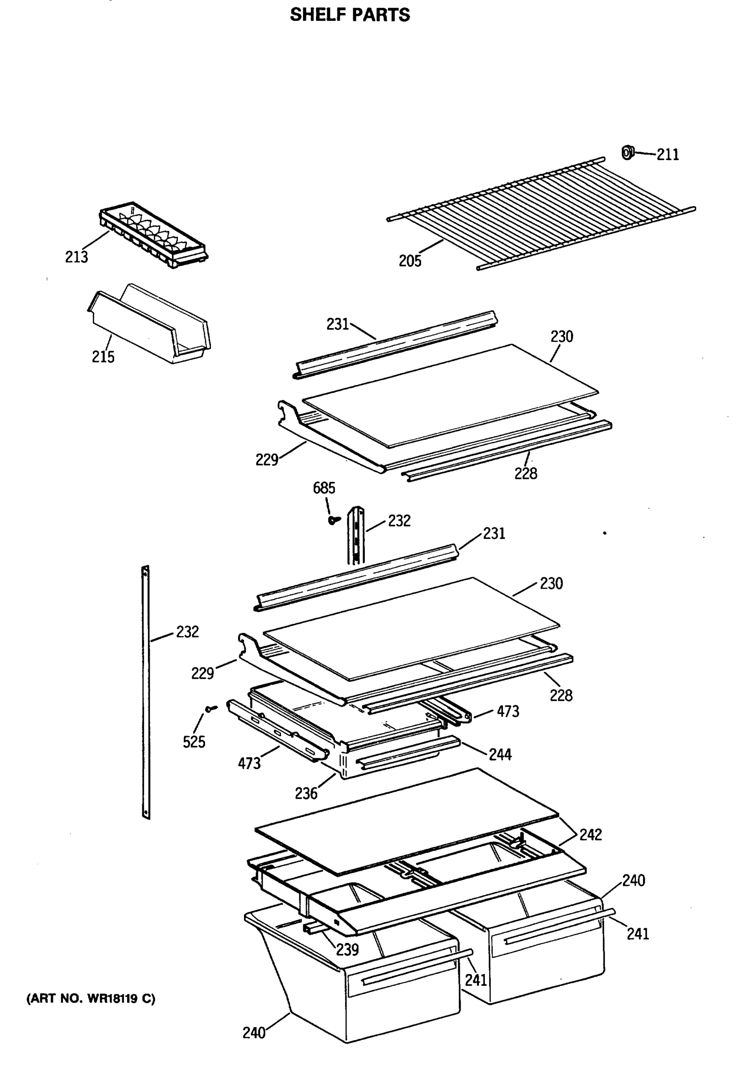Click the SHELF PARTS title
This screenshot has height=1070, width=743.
(x=350, y=15)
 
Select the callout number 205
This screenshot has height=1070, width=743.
(x=410, y=261)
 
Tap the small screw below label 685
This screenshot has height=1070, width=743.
(x=332, y=520)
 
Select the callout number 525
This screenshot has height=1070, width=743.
(x=194, y=742)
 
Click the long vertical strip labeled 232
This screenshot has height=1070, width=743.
(x=146, y=693)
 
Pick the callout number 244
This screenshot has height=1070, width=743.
(x=500, y=754)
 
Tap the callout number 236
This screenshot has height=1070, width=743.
(x=306, y=794)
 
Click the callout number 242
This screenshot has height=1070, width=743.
(x=590, y=835)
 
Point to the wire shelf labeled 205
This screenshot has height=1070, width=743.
(x=540, y=214)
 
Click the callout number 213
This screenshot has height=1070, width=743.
(x=76, y=257)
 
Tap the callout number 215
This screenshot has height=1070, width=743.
(x=103, y=357)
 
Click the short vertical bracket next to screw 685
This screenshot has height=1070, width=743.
(x=357, y=535)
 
